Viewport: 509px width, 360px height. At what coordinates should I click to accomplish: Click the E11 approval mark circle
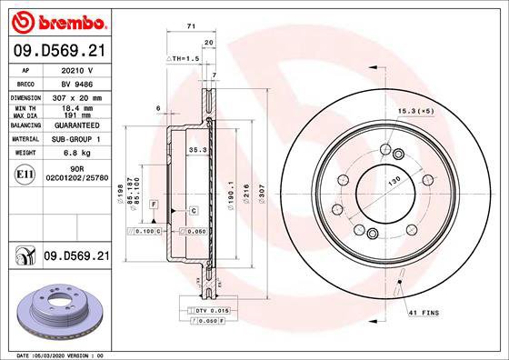(25, 174)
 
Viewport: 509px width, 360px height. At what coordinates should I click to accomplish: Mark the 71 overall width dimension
(191, 27)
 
